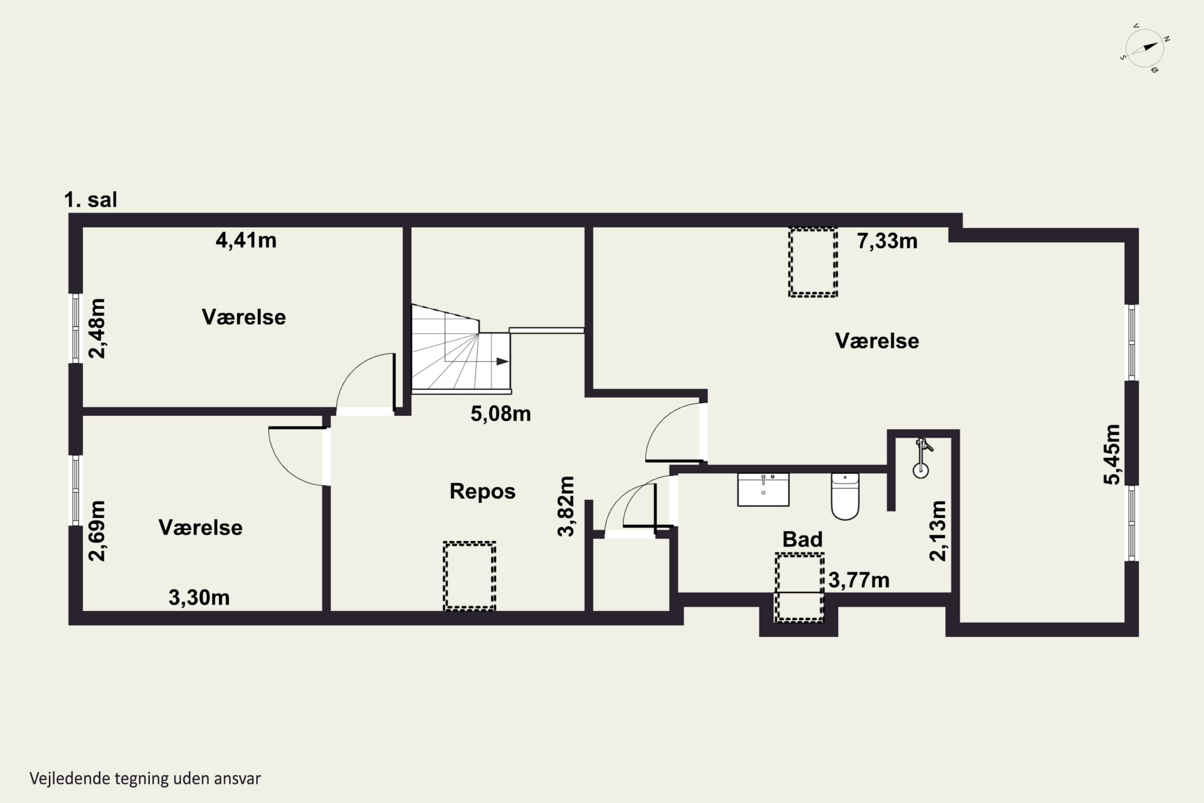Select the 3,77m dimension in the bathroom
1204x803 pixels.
tap(859, 580)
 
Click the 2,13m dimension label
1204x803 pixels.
tap(938, 531)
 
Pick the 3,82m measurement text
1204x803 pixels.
tap(566, 506)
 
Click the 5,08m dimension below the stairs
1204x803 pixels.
tap(500, 414)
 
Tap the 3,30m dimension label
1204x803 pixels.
tap(199, 598)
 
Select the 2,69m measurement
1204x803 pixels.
tap(97, 531)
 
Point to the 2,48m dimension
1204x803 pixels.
tap(97, 328)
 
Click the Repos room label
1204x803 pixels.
tap(482, 491)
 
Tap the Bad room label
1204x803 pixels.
tap(802, 539)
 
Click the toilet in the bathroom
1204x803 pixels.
tap(845, 496)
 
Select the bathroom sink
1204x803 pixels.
tap(763, 489)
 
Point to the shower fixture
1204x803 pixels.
tap(921, 458)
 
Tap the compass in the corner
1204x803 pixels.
tap(1145, 49)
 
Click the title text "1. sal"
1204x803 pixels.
tap(91, 200)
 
